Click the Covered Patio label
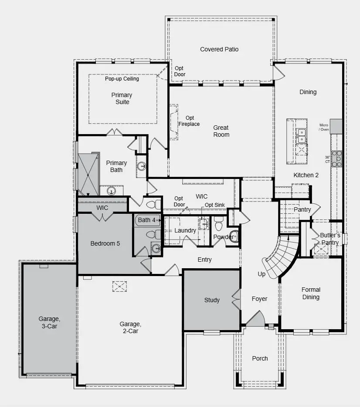click(x=219, y=49)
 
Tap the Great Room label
click(x=221, y=131)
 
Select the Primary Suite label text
click(x=122, y=98)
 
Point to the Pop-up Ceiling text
click(x=122, y=79)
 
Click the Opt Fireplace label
click(x=189, y=121)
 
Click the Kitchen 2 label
click(x=306, y=175)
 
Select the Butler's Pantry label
click(x=330, y=239)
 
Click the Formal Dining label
click(x=311, y=293)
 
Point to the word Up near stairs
click(x=262, y=274)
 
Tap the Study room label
click(x=212, y=300)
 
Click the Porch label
click(x=260, y=358)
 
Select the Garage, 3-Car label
click(x=48, y=322)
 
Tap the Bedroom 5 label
click(x=105, y=243)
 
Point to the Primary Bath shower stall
click(x=88, y=174)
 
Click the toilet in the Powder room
click(x=219, y=224)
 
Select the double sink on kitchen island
click(x=301, y=135)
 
